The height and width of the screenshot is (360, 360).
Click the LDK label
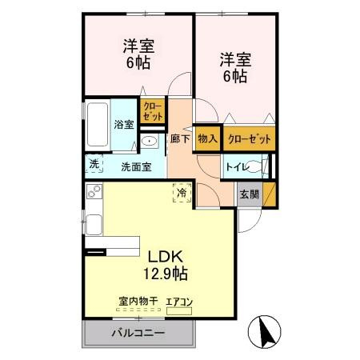click(166, 257)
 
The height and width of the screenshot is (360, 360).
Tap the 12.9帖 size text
click(166, 274)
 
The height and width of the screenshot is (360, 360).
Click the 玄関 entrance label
click(248, 194)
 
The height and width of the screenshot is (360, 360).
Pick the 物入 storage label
click(207, 139)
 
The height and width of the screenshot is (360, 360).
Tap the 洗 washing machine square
click(94, 164)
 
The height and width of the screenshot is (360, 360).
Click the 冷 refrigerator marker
click(182, 193)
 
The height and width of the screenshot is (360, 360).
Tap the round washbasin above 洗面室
click(150, 142)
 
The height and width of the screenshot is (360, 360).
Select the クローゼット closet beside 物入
click(249, 139)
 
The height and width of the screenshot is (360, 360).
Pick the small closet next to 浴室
click(150, 111)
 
